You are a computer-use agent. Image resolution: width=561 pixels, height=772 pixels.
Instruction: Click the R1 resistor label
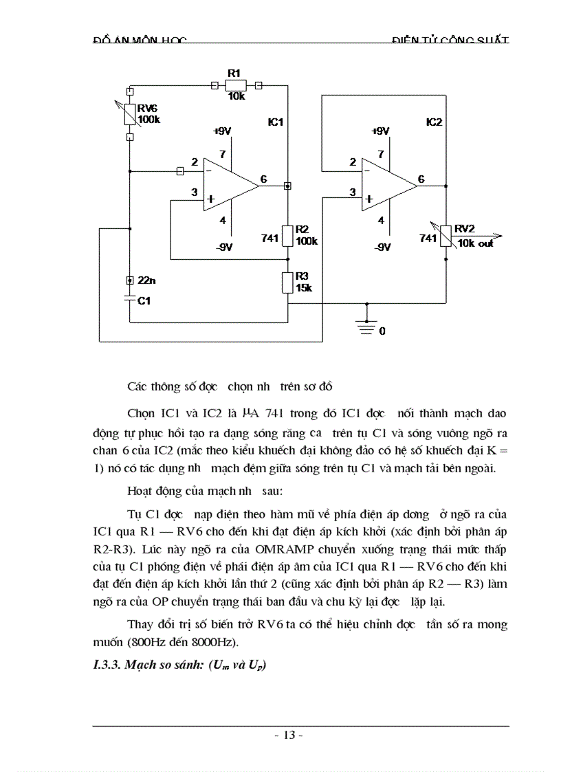[234, 73]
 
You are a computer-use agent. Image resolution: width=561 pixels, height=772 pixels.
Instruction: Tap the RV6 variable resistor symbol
[130, 113]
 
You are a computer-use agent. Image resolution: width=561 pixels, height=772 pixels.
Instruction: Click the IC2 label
[434, 122]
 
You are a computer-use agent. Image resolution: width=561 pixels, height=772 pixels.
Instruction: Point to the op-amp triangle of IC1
[228, 182]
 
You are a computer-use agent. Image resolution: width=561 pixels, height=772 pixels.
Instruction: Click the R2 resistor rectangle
[288, 236]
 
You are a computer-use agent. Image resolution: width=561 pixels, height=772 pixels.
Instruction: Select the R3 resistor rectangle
[288, 283]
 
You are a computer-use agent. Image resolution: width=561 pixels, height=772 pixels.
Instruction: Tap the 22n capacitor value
[147, 280]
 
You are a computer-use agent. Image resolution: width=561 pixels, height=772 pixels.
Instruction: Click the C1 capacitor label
[144, 301]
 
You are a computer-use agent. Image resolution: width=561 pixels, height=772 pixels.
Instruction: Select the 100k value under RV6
[148, 120]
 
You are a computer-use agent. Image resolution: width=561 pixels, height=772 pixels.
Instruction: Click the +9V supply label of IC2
[379, 131]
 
